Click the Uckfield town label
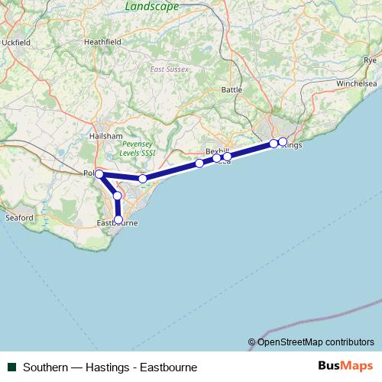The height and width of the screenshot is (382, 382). coord(16,43)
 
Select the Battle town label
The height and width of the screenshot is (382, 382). coord(231,89)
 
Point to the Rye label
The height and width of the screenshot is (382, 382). coord(371,59)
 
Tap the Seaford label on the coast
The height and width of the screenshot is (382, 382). coord(20,218)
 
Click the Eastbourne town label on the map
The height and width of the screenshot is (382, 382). coord(118,223)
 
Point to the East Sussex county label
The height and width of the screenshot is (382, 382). coord(169,70)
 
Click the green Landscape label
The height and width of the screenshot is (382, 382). coord(151,6)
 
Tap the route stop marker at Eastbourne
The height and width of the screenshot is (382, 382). coord(118,219)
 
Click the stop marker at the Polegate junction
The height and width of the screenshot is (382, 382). coord(99,174)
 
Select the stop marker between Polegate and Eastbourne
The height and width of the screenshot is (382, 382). coord(117,196)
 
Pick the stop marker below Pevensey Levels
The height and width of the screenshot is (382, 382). coord(143,179)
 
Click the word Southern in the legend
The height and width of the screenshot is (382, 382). coord(44,367)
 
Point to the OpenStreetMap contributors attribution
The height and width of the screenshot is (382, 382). coord(311,342)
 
